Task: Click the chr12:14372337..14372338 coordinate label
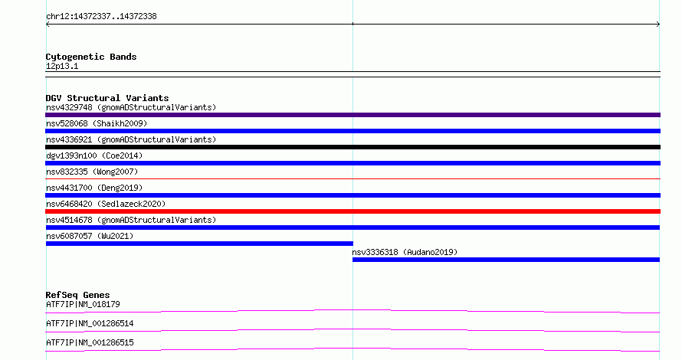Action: coord(101,17)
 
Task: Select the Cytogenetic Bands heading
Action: coord(91,57)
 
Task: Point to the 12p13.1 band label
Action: coord(62,66)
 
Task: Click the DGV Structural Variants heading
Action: coord(107,98)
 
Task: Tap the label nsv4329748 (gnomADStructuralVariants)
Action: coord(131,107)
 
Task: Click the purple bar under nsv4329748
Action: coord(352,115)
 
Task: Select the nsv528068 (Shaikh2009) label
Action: coord(97,123)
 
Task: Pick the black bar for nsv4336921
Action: coord(352,147)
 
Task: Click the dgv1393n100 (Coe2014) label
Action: coord(94,155)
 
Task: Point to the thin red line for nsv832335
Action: coord(352,178)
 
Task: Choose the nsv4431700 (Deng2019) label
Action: coord(94,188)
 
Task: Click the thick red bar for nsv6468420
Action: coord(352,211)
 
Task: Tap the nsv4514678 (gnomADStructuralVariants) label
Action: coord(131,220)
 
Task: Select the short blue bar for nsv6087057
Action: coord(200,244)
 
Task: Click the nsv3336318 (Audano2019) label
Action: coord(405,252)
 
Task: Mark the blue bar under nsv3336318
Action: coord(506,260)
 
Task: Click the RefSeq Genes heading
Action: coord(77,295)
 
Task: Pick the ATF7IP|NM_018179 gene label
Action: coord(83,304)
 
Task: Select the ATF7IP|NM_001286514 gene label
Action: coord(90,323)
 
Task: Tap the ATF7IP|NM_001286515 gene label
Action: coord(90,342)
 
